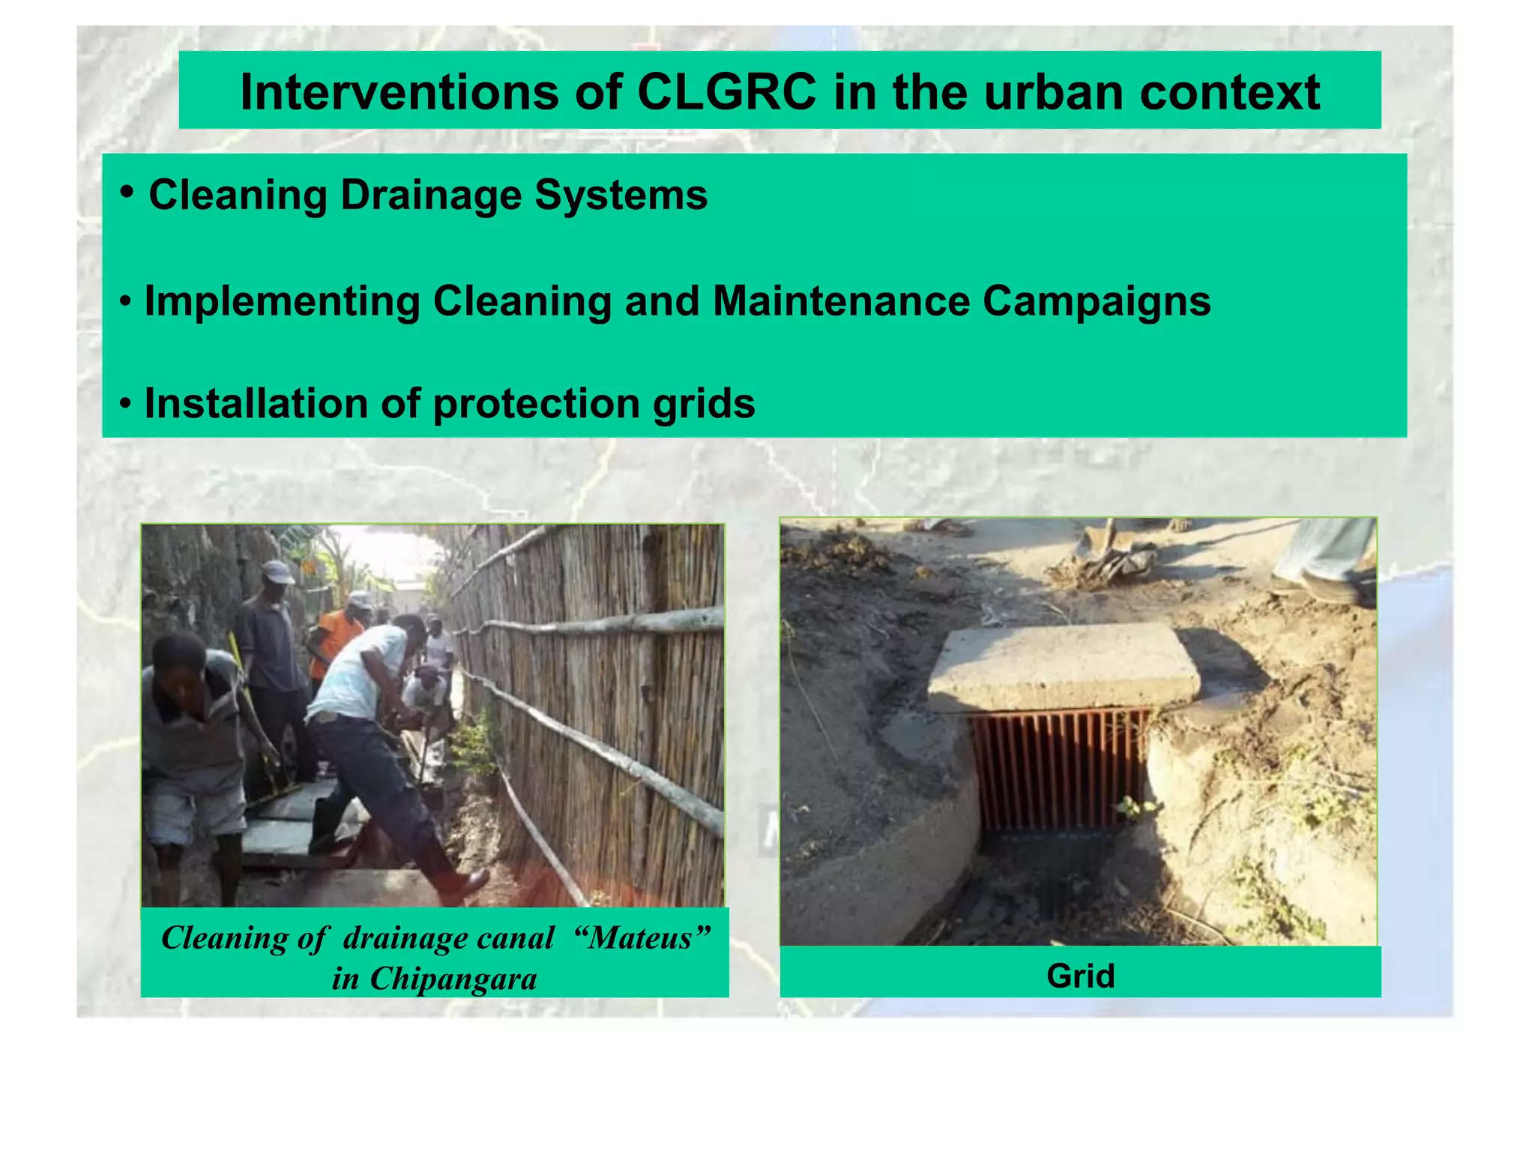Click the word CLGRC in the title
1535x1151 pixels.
click(x=726, y=92)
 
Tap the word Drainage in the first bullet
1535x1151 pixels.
click(x=430, y=195)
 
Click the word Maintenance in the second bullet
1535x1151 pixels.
click(x=841, y=301)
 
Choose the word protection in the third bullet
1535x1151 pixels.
click(x=536, y=403)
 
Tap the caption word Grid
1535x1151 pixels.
click(x=1080, y=976)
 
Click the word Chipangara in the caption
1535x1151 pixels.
click(x=453, y=979)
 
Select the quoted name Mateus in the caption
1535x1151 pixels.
click(x=641, y=937)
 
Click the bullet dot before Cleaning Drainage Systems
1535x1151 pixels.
click(x=127, y=192)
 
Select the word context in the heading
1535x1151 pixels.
click(x=1229, y=92)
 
